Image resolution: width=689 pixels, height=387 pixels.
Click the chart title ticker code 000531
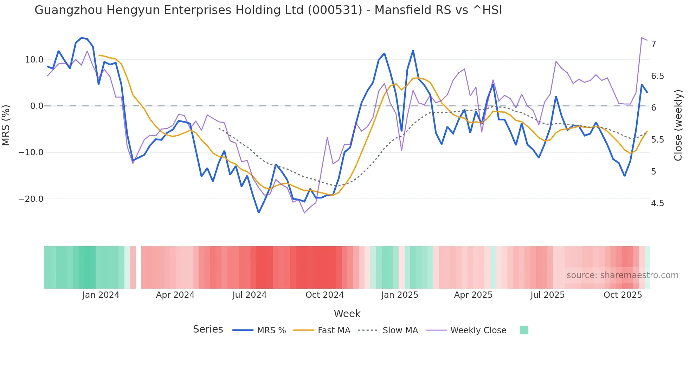[x=335, y=10]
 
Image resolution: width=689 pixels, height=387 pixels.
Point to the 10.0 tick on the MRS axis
[x=34, y=60]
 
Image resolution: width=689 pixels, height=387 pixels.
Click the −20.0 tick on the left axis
[x=31, y=199]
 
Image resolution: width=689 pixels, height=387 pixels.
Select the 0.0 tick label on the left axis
[x=37, y=106]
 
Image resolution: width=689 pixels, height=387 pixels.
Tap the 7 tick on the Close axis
[x=653, y=44]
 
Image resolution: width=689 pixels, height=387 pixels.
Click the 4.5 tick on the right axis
[x=657, y=203]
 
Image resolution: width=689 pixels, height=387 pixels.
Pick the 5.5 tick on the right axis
[x=657, y=140]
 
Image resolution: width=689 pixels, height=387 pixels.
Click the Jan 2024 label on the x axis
[x=101, y=295]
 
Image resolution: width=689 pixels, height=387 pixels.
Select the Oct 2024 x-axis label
[x=324, y=295]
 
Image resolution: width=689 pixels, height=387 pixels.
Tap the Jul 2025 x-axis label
[x=547, y=295]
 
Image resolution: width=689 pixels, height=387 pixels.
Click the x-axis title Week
[x=347, y=314]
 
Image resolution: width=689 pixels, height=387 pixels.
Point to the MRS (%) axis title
[x=6, y=125]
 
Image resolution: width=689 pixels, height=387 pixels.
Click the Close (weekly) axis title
[x=678, y=125]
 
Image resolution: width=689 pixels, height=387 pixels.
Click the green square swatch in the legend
[x=524, y=330]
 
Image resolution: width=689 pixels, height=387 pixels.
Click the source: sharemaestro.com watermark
[x=622, y=275]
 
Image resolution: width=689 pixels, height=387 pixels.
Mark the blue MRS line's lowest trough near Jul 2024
[x=259, y=212]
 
